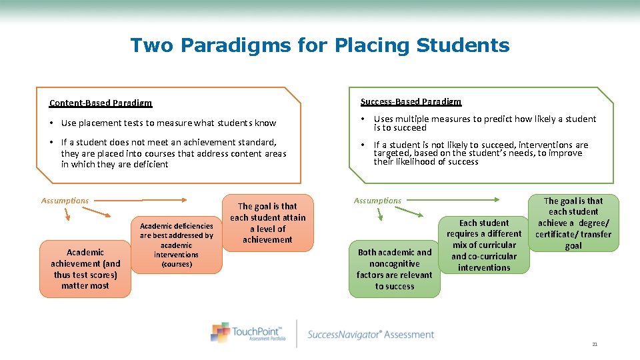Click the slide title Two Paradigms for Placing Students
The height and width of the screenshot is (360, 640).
coord(320,45)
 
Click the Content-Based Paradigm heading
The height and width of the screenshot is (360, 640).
coord(101,103)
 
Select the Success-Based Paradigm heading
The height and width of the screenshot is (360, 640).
coord(411,102)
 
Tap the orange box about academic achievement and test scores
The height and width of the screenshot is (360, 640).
coord(85,269)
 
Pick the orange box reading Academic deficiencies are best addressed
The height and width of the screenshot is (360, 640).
coord(177,245)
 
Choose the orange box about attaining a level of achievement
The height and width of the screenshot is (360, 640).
coord(267,223)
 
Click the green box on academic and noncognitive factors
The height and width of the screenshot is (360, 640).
coord(395,269)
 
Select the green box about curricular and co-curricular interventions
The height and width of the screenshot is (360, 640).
coord(484,245)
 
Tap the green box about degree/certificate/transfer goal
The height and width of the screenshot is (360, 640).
coord(573,223)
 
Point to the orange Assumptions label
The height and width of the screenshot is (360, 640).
coord(65,201)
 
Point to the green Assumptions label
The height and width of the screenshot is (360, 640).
coord(377,201)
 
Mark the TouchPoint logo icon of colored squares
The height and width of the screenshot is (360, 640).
coord(220,331)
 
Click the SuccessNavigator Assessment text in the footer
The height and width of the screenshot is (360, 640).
coord(371,335)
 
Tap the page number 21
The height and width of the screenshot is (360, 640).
coord(595,344)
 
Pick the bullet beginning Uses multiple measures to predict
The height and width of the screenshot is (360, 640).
coord(485,123)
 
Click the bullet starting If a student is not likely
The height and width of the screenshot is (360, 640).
coord(481,153)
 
